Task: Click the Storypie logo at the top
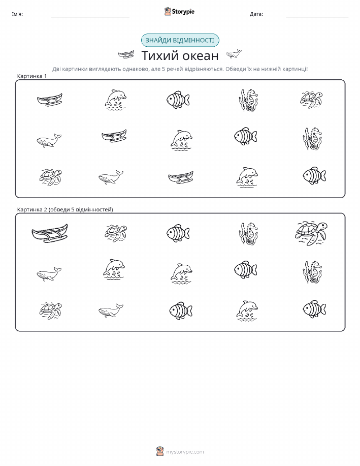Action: coord(179,12)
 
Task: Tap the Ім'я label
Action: coord(17,14)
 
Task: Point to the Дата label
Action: coord(256,14)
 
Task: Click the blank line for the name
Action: coord(90,17)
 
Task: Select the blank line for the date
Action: coord(317,17)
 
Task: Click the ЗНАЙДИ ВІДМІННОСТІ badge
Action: coord(180,41)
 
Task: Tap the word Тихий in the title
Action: coord(159,55)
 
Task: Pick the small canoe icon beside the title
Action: coord(126,54)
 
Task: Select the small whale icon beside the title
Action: coord(234,54)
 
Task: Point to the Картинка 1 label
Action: coord(32,76)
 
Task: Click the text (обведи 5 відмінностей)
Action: coord(81,209)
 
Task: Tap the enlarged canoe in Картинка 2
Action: coord(50,233)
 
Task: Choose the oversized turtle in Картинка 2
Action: coord(311,233)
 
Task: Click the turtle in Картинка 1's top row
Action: coord(311,100)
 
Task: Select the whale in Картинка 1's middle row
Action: coord(49,141)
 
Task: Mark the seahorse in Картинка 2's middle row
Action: coord(312,272)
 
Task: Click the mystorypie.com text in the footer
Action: coord(185,452)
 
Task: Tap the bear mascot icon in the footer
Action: coord(160,451)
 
